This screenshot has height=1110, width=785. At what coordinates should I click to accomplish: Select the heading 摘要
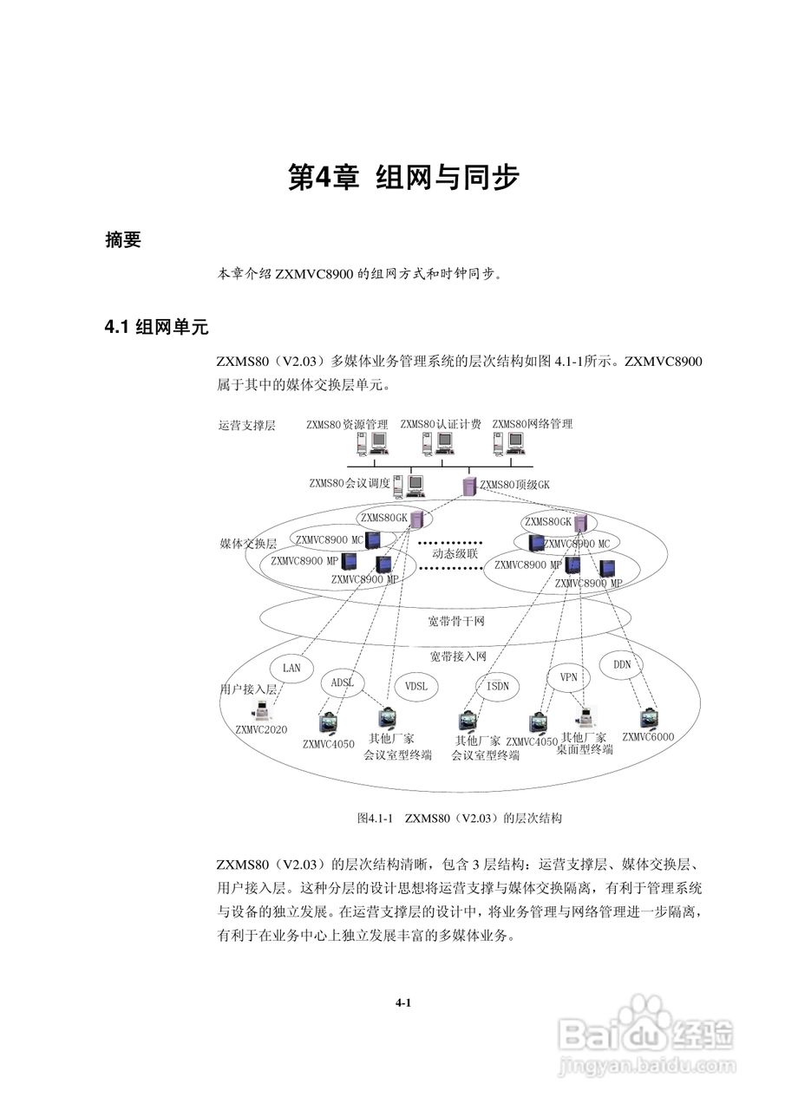pos(122,241)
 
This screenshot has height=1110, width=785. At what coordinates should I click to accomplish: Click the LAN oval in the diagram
pos(291,668)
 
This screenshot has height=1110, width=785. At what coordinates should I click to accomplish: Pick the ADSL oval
pos(343,682)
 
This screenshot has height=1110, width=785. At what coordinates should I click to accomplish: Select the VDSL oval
pos(417,685)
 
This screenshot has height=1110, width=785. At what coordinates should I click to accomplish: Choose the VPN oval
pos(568,676)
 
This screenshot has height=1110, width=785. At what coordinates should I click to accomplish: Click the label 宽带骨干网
pos(455,622)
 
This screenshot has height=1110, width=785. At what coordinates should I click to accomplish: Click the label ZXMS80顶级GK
pos(514,485)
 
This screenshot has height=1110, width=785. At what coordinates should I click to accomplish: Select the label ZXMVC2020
pos(261,730)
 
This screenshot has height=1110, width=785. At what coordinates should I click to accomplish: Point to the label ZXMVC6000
pos(648,737)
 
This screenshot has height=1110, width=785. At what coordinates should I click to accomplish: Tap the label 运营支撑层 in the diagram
pos(247,426)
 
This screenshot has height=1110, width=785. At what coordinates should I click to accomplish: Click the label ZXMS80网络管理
pos(533,424)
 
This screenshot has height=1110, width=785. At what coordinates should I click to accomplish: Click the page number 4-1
pos(402,1003)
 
